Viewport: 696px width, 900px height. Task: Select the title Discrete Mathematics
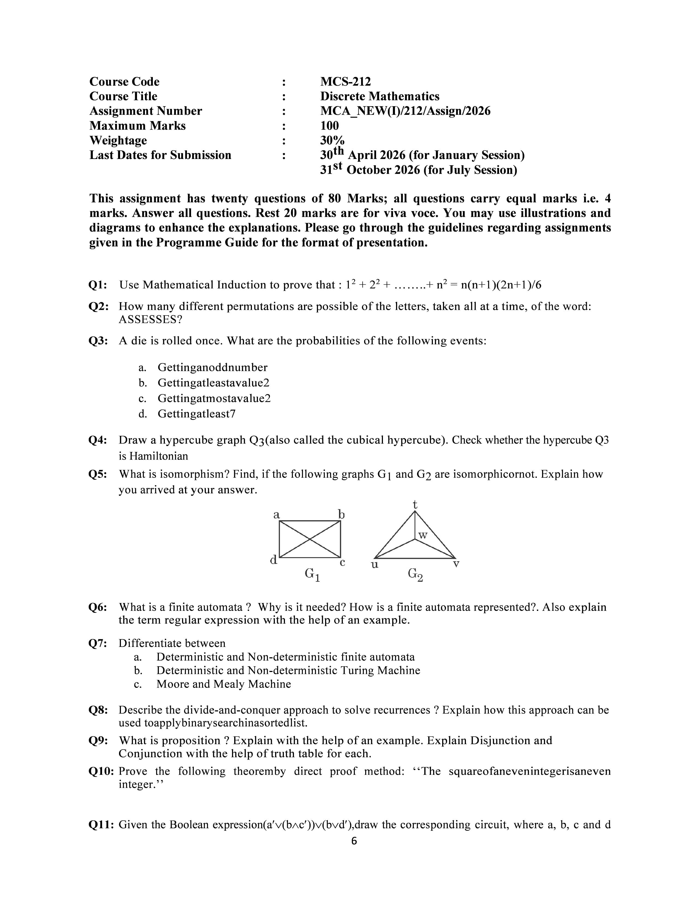[379, 97]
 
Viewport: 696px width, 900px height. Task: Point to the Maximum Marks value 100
[329, 126]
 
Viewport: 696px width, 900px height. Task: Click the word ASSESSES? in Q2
[150, 320]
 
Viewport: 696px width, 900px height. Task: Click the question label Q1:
[98, 285]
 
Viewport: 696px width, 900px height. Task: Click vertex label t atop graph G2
[415, 504]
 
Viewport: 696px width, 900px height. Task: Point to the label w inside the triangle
[423, 535]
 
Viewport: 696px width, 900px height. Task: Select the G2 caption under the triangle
[415, 574]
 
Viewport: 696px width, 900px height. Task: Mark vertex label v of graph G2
[456, 564]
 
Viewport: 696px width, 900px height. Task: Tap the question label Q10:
[101, 772]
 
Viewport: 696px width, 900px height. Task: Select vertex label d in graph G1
[273, 560]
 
